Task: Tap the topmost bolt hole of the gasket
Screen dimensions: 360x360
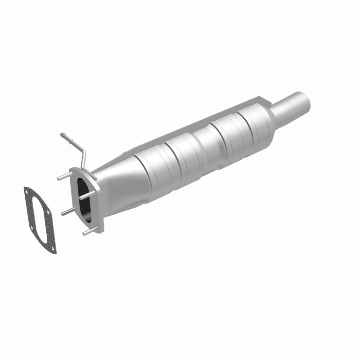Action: coord(28,194)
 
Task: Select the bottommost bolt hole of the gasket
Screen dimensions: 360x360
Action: coord(54,247)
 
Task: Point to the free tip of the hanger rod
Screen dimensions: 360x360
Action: coord(62,135)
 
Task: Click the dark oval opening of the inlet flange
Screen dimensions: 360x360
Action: coord(84,200)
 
